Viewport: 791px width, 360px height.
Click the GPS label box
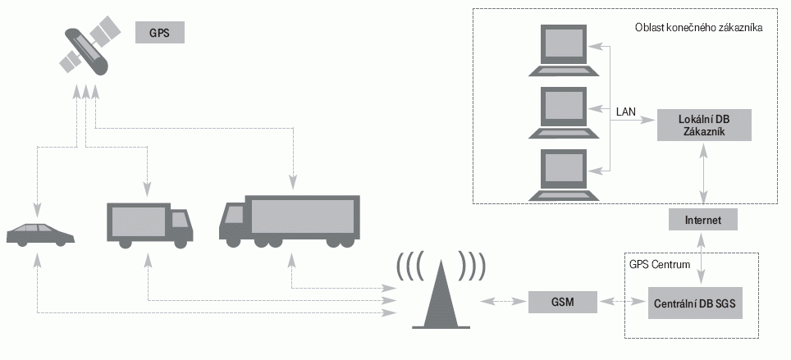click(x=160, y=33)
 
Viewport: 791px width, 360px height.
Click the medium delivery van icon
click(x=149, y=224)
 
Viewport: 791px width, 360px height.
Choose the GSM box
click(x=563, y=303)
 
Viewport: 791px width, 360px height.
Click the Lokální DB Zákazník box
click(x=703, y=125)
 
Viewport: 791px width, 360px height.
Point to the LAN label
click(x=626, y=110)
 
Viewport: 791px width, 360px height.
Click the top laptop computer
click(x=564, y=51)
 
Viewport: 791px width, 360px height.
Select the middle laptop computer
click(x=564, y=111)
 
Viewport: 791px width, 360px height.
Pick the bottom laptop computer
click(x=564, y=173)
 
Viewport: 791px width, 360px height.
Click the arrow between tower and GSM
click(x=502, y=303)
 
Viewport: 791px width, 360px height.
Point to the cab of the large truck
click(x=235, y=221)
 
